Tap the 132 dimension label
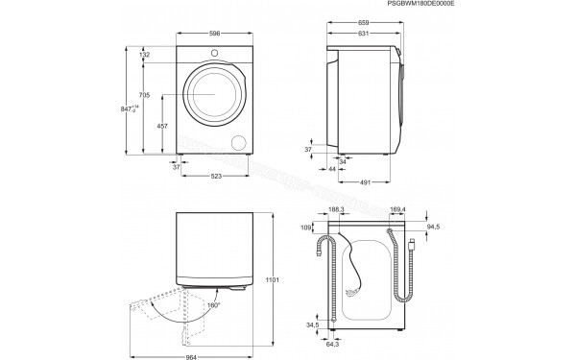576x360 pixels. (144, 56)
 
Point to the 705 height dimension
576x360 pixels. (144, 94)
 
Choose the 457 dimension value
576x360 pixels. (163, 127)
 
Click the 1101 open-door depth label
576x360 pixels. (272, 279)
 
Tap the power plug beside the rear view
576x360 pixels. (412, 246)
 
